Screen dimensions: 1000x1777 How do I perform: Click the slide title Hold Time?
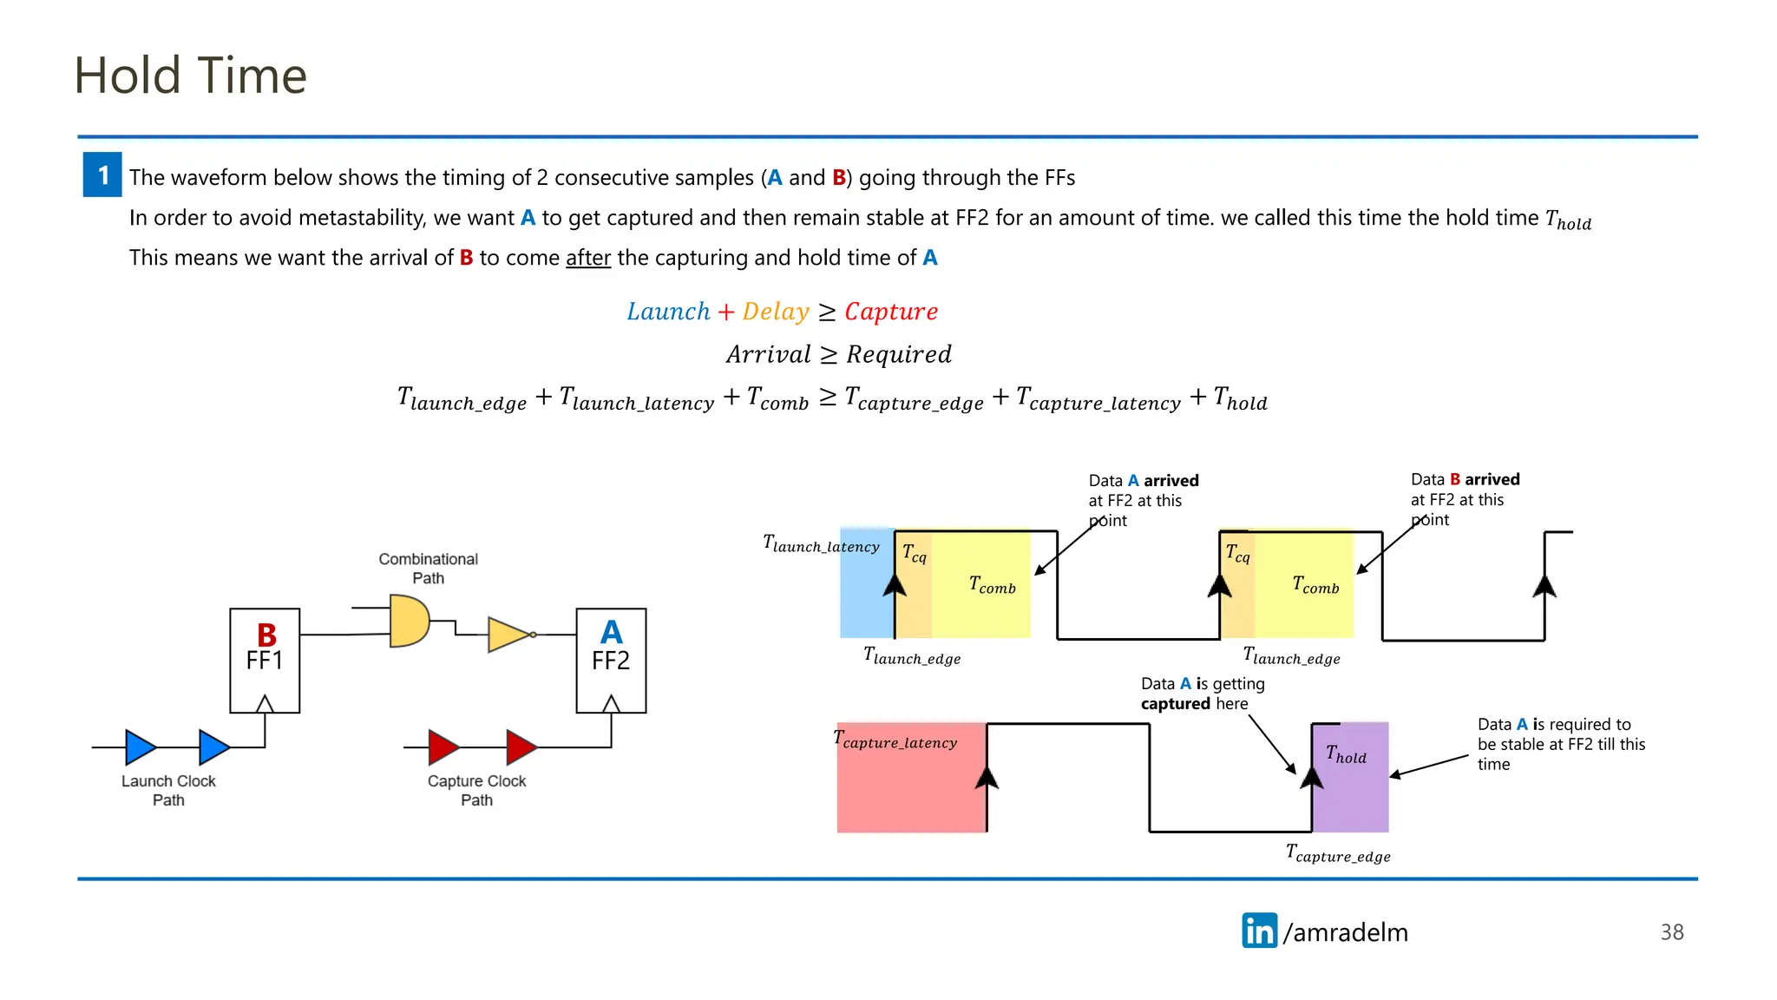tap(190, 76)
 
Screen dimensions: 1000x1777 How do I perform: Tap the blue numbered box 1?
tap(102, 175)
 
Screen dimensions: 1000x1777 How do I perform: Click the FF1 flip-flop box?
tap(265, 661)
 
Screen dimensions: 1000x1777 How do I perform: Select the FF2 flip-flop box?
tap(611, 661)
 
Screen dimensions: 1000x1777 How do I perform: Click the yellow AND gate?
tap(409, 621)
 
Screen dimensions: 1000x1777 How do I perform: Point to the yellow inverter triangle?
tap(508, 635)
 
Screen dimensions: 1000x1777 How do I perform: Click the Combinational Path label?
tap(428, 569)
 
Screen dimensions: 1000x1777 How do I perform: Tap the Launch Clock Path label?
tap(168, 790)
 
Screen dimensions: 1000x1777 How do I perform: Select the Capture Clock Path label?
tap(476, 790)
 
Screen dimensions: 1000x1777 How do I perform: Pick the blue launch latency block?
tap(866, 590)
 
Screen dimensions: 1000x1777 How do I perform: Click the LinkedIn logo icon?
tap(1259, 931)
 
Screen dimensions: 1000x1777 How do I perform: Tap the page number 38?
tap(1671, 932)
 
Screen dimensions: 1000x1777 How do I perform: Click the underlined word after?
tap(588, 258)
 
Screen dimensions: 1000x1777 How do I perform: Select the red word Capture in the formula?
tap(891, 312)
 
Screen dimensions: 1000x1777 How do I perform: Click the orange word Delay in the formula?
tap(776, 312)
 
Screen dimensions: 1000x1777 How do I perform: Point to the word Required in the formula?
tap(899, 354)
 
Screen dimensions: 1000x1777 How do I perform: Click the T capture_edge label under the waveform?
tap(1338, 853)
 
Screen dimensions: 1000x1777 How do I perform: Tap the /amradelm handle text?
tap(1346, 932)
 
